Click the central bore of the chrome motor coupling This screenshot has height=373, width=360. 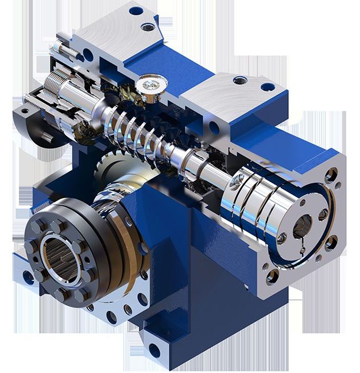(x=302, y=225)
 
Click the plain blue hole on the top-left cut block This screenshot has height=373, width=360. (x=136, y=10)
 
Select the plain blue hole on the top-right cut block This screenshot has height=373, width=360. (x=267, y=87)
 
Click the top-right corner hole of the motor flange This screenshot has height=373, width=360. (x=331, y=171)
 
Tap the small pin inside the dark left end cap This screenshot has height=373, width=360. (x=44, y=136)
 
